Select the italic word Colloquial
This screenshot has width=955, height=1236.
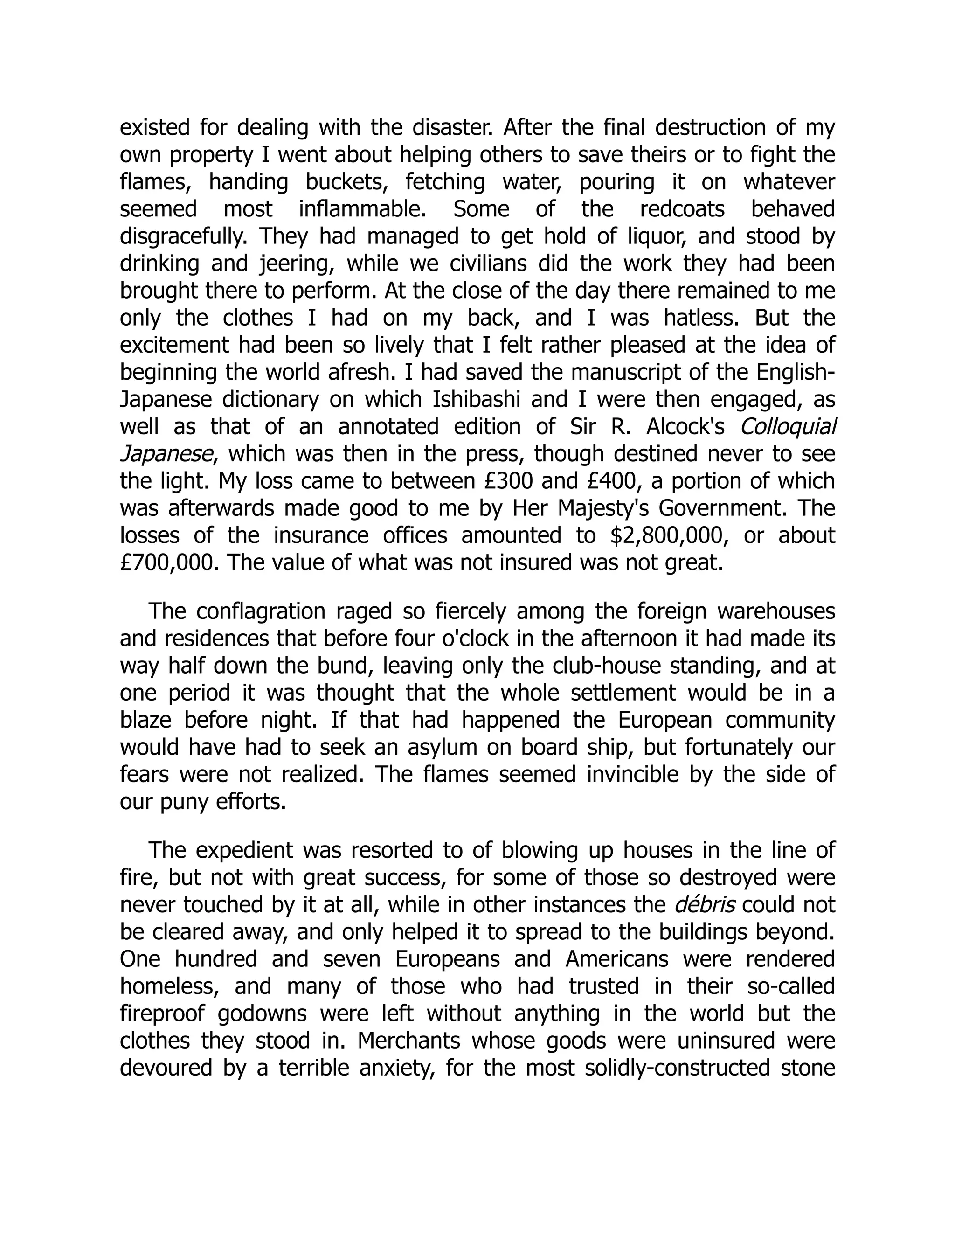pyautogui.click(x=788, y=427)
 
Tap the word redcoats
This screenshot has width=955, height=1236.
pyautogui.click(x=682, y=209)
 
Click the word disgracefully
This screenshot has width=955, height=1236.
pyautogui.click(x=183, y=236)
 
